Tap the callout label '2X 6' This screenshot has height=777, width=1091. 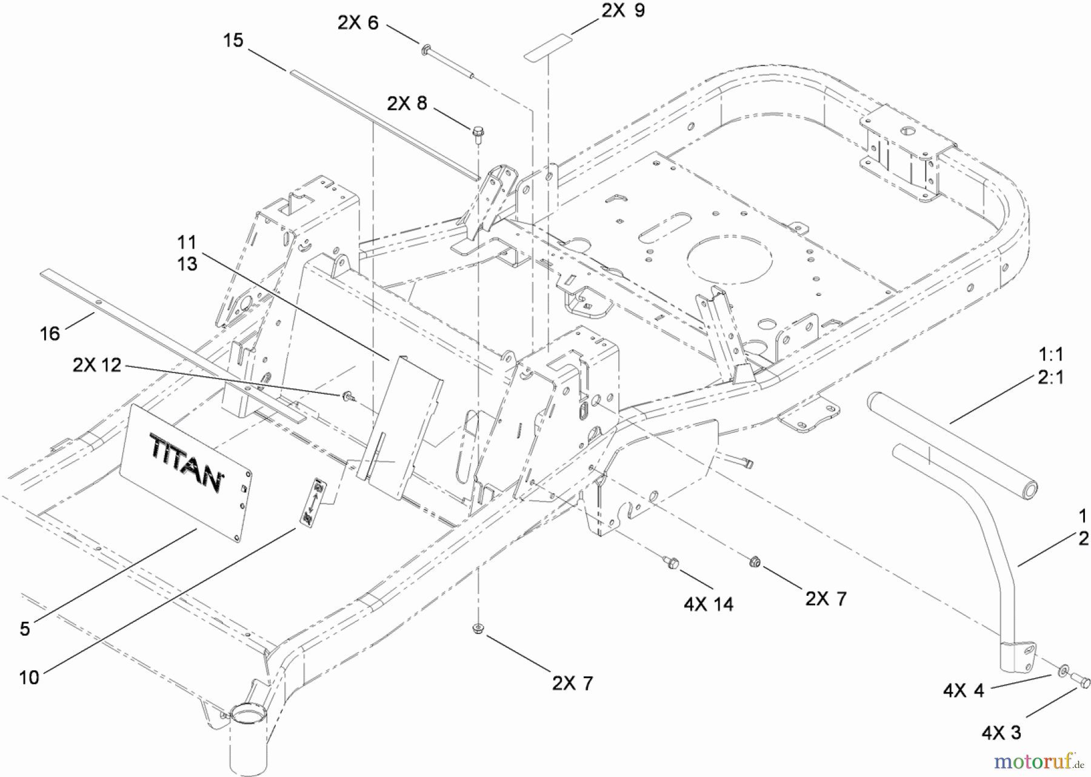point(358,23)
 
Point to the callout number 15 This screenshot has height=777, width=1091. point(233,41)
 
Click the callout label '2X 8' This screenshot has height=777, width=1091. point(407,104)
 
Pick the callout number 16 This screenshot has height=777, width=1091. point(50,333)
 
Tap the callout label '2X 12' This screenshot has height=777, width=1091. point(97,365)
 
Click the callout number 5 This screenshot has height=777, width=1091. point(24,629)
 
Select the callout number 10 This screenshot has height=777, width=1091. point(29,677)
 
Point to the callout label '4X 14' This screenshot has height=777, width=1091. point(708,604)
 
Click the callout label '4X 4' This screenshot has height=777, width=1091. point(964,690)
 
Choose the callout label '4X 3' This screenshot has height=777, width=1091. point(1001,733)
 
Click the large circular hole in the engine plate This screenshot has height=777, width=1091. point(730,259)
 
